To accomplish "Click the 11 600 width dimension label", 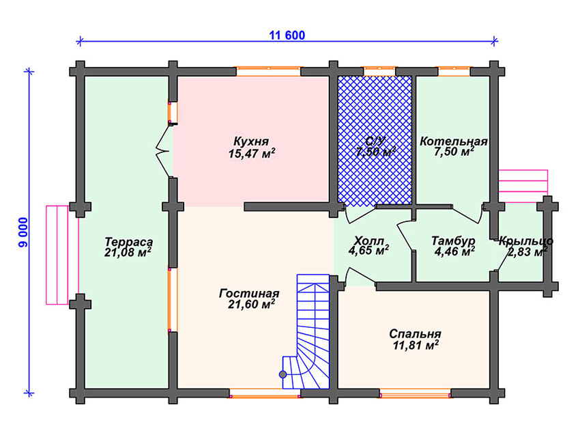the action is coord(287,36).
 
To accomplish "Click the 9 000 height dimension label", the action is coord(23,232).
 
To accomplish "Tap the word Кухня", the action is coord(251,141).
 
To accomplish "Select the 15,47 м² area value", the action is coord(252,153).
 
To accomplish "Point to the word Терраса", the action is coord(129,242).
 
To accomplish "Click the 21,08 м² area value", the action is coord(128,253).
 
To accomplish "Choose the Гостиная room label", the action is coord(249,294).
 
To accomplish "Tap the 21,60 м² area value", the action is coord(252,305).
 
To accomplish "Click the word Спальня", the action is coord(415,334).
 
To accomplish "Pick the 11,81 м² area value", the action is coord(416,346).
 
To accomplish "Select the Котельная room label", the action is coord(454,141).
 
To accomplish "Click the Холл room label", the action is coord(368,240).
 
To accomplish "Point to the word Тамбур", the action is coord(453,241).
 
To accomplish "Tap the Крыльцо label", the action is coord(525,241).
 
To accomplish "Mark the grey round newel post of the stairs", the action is coord(283,374).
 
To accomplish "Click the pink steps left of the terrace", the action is coord(57,255).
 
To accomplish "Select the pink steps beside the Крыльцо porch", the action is coord(523,186).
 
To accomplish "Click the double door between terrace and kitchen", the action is coord(164,151).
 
